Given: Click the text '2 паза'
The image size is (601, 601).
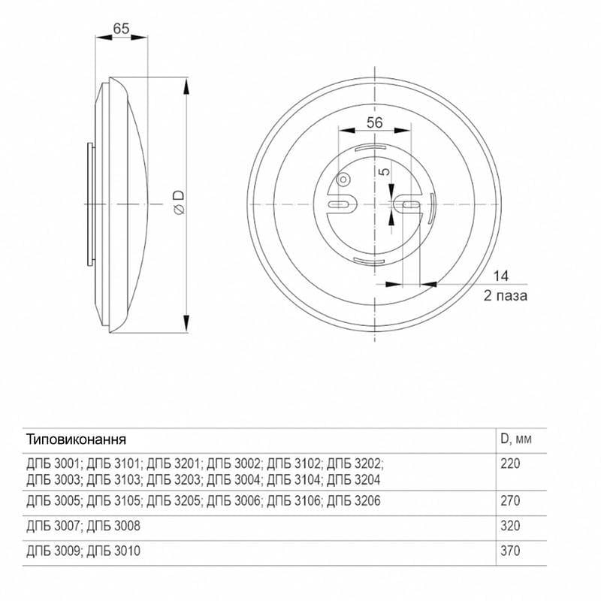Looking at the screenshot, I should pos(506,295).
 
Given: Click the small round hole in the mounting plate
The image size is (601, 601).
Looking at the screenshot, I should pos(343,180).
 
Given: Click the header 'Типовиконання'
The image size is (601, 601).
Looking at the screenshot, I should pos(76,438).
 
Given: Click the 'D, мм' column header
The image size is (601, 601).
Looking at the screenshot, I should pos(516,437).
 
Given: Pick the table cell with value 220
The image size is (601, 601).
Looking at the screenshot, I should pos(510,464).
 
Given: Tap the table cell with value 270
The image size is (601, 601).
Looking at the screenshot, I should pos(510,500).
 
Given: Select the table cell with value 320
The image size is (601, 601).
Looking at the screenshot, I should pos(510,526).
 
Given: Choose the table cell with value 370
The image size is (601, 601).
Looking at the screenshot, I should pos(510,551).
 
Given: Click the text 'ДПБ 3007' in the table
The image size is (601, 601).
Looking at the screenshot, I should pos(53,526).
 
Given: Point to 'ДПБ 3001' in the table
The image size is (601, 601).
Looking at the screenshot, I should pos(53,464).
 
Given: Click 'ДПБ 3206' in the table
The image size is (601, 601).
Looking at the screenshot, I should pos(353,500).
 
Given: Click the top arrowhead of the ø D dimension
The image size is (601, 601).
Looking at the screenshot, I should pos(186,81).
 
